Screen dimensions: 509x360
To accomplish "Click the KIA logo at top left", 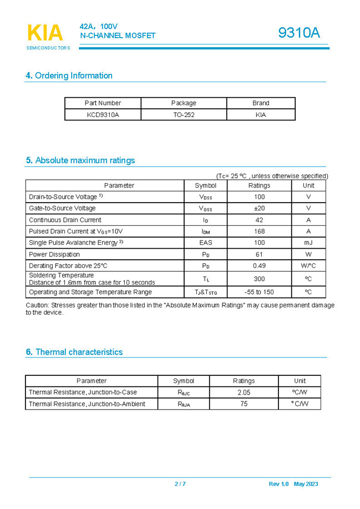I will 45,34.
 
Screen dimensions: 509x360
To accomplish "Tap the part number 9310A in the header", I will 299,33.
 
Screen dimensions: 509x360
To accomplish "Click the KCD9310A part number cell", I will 103,115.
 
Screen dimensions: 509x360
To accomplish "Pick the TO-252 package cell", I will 184,115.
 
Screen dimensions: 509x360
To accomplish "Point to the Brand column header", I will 261,103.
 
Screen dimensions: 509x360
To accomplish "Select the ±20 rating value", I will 259,208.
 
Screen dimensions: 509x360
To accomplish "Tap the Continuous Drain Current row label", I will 65,220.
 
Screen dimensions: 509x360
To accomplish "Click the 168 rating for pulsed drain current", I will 259,231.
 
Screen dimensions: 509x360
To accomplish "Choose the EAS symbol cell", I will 206,243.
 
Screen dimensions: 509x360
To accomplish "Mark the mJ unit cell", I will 308,243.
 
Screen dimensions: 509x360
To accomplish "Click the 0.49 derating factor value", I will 259,266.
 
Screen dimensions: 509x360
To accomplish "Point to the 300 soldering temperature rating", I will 259,279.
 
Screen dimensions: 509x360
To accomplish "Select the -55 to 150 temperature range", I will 259,292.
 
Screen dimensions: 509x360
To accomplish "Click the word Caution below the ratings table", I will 37,305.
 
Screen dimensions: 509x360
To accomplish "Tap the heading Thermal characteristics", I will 74,352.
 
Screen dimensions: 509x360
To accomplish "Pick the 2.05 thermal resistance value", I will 244,392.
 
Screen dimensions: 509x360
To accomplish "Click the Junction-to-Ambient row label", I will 87,404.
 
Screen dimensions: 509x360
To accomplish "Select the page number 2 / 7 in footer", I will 180,484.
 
